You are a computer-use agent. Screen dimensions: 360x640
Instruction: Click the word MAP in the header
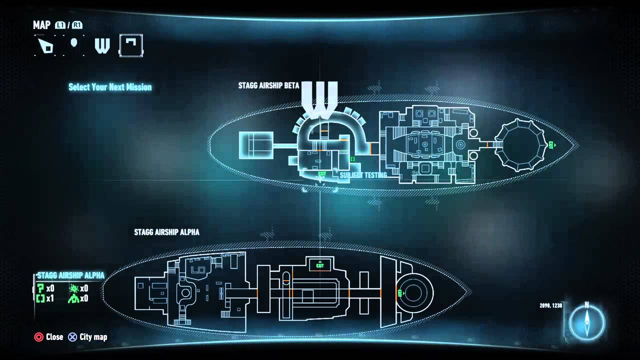pos(41,25)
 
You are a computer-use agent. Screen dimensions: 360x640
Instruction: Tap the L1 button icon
pos(60,25)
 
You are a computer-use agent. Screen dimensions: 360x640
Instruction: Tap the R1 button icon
pos(77,25)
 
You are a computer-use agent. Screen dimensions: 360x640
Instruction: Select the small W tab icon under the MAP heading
pos(102,46)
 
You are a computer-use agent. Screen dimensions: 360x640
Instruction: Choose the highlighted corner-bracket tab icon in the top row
pos(131,45)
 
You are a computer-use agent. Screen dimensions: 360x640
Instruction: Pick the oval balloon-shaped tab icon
pos(74,44)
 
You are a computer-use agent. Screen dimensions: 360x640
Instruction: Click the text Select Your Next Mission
pos(110,87)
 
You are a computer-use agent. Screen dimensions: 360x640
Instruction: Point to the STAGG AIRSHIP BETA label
pos(268,85)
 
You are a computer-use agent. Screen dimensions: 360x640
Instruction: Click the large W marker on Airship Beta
pos(319,100)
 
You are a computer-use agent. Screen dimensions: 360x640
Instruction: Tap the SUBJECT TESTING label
pos(363,175)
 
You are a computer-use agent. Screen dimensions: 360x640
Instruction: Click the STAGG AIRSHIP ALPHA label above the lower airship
pos(166,232)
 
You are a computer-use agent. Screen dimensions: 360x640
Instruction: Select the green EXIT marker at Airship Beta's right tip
pos(551,145)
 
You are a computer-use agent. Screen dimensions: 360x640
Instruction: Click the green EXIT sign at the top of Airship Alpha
pos(320,264)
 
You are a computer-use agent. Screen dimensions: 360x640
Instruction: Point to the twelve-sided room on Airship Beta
pos(520,144)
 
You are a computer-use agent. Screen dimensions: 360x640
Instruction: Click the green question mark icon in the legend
pos(40,288)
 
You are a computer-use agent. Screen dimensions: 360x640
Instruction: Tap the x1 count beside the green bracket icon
pos(50,298)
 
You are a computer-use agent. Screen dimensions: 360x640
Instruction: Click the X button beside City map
pos(72,337)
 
